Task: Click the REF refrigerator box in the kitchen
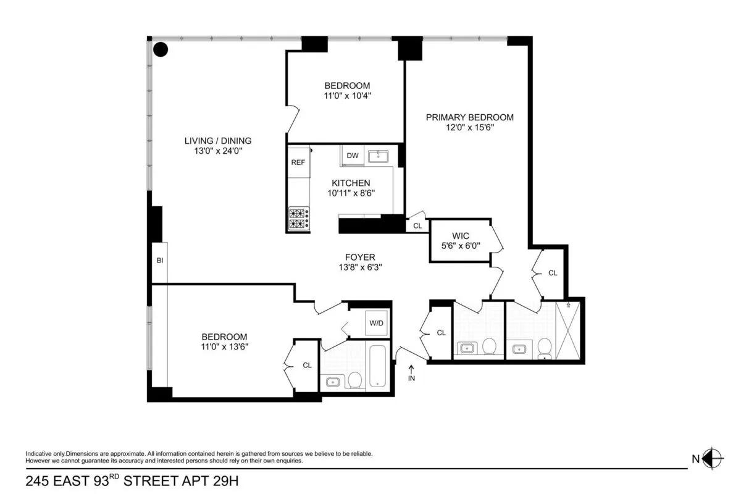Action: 298,162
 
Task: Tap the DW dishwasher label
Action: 353,156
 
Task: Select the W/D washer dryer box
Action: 376,323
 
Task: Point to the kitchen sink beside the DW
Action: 378,156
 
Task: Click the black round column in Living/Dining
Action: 161,49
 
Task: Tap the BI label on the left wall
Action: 159,261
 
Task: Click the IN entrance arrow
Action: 412,373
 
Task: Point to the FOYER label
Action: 360,257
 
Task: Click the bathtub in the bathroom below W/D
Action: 377,367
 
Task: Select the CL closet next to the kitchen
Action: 417,226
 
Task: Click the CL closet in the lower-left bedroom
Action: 307,365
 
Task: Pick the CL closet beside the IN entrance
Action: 441,333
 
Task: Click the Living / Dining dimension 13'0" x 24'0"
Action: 218,151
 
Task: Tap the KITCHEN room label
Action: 351,183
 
